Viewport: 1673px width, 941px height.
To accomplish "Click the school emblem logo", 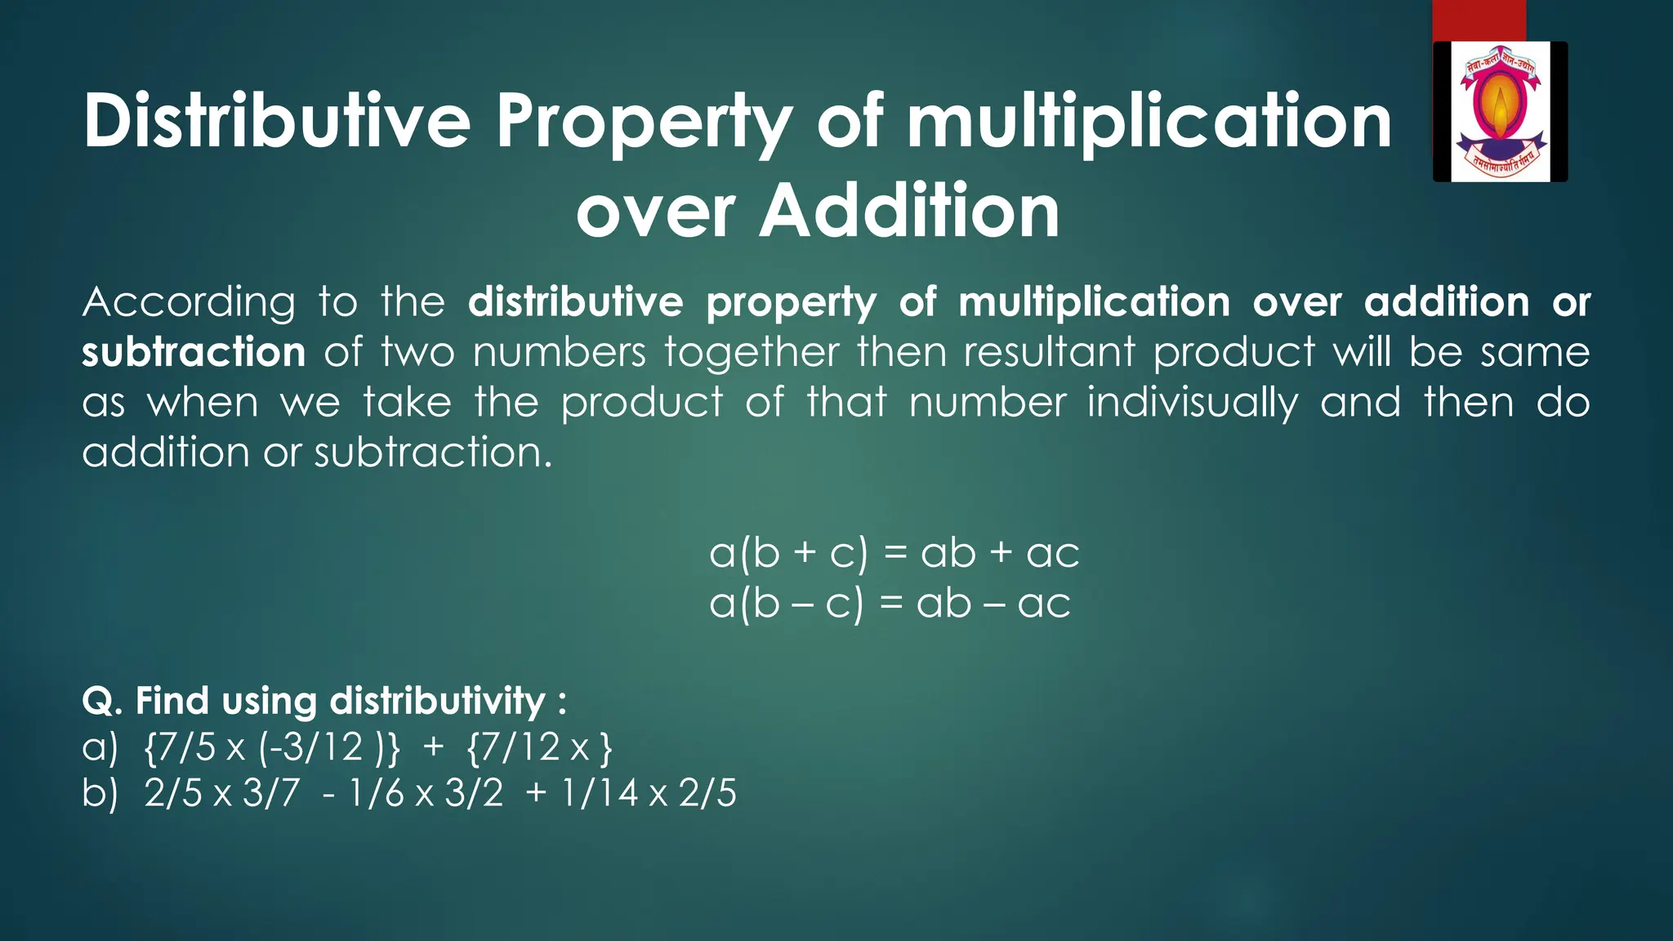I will [x=1500, y=111].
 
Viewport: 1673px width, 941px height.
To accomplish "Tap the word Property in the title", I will [x=645, y=123].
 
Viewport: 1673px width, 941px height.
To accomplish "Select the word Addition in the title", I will [x=910, y=211].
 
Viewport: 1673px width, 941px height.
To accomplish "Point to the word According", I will [x=189, y=303].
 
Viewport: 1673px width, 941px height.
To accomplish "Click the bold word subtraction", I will [x=194, y=353].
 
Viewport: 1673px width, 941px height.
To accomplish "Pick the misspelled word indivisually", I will [x=1192, y=404].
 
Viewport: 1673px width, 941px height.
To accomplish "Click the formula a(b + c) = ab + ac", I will [x=894, y=553].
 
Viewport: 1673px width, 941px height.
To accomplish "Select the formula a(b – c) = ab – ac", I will [x=890, y=604].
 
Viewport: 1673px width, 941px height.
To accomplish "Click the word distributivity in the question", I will [x=437, y=701].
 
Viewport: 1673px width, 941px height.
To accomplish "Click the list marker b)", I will [x=100, y=793].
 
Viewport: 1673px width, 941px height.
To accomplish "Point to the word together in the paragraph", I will [x=752, y=353].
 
